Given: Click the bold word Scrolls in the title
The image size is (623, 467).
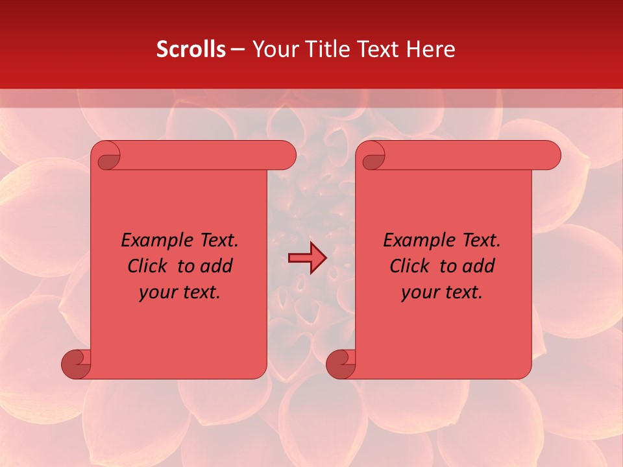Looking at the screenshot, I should point(191,49).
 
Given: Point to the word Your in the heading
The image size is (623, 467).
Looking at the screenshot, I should point(273,49).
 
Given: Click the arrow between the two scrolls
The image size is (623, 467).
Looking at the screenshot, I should point(307,258).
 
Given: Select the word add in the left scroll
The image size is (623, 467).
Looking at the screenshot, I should point(217,267).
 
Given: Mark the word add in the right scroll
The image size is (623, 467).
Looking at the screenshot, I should point(479,267).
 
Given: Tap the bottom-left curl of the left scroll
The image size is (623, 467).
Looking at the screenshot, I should point(77,363).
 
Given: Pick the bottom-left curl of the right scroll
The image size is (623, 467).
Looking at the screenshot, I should point(341,363).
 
